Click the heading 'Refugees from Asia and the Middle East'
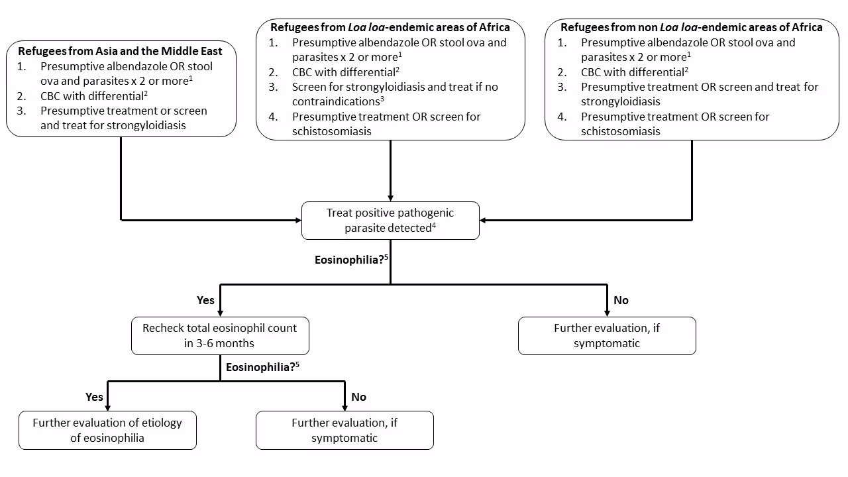[120, 51]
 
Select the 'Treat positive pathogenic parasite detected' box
[390, 221]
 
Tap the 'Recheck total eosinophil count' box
[220, 335]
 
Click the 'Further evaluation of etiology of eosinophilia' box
[107, 430]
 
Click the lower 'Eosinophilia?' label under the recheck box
[260, 366]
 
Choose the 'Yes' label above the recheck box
[205, 300]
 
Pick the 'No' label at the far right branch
[621, 300]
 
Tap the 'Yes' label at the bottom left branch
[95, 397]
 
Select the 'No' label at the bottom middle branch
[358, 397]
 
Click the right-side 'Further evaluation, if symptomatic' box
[607, 335]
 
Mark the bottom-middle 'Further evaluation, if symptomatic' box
[344, 430]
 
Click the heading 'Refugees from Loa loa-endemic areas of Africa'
[390, 27]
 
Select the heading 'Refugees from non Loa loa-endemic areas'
[691, 27]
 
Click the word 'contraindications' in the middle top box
[335, 101]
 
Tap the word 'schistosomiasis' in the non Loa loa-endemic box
[620, 131]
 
